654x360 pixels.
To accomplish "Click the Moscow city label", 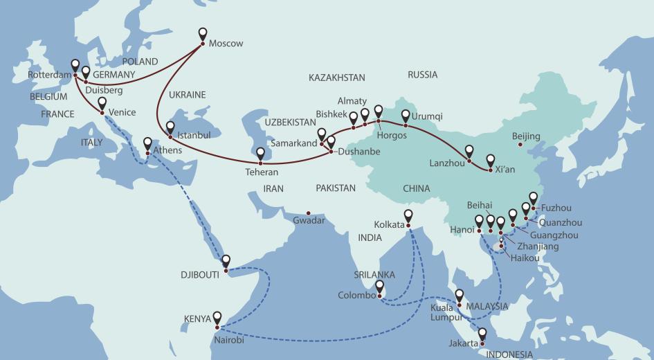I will [226, 44].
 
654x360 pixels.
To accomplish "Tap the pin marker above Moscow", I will [203, 33].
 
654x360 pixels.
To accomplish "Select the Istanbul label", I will [194, 135].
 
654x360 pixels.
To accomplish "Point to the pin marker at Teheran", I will [261, 154].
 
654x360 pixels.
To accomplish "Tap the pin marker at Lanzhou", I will [469, 151].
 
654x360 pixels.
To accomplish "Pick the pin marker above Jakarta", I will [482, 334].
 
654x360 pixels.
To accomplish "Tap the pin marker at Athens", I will [147, 143].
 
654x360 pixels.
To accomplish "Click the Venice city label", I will [122, 112].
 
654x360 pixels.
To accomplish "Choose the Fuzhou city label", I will [557, 207].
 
